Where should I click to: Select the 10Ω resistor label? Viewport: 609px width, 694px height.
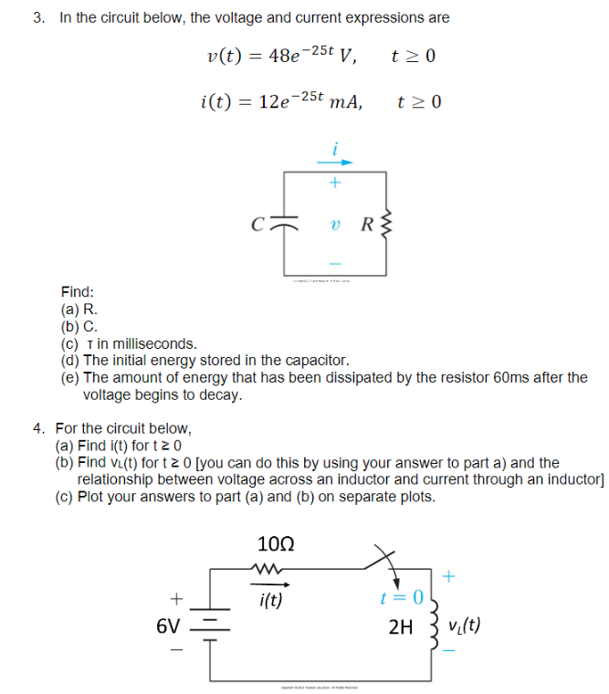coord(276,546)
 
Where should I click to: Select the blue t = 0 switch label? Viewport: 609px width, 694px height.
coord(402,598)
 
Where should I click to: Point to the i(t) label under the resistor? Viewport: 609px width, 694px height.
coord(271,600)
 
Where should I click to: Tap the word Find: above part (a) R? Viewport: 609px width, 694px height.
coord(78,292)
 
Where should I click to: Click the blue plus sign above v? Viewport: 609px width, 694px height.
coord(335,183)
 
